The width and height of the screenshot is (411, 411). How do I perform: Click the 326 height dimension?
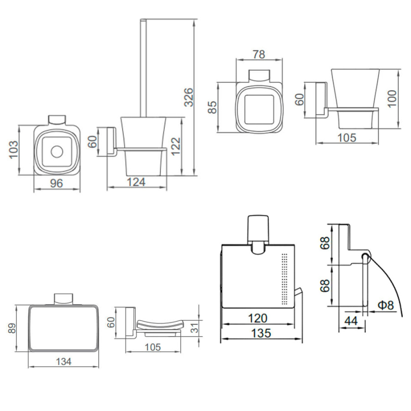189,97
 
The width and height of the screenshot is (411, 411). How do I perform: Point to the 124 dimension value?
136,182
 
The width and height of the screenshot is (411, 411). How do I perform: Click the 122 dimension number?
176,146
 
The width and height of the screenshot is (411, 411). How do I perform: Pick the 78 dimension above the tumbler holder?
258,54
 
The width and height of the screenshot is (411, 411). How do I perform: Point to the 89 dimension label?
12,328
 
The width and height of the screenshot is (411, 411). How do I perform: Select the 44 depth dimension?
351,321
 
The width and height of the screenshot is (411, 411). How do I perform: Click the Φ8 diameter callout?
385,305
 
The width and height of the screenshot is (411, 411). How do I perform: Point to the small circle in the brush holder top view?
57,152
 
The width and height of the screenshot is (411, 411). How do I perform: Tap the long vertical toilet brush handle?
142,68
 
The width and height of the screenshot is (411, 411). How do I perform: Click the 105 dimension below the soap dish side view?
152,347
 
